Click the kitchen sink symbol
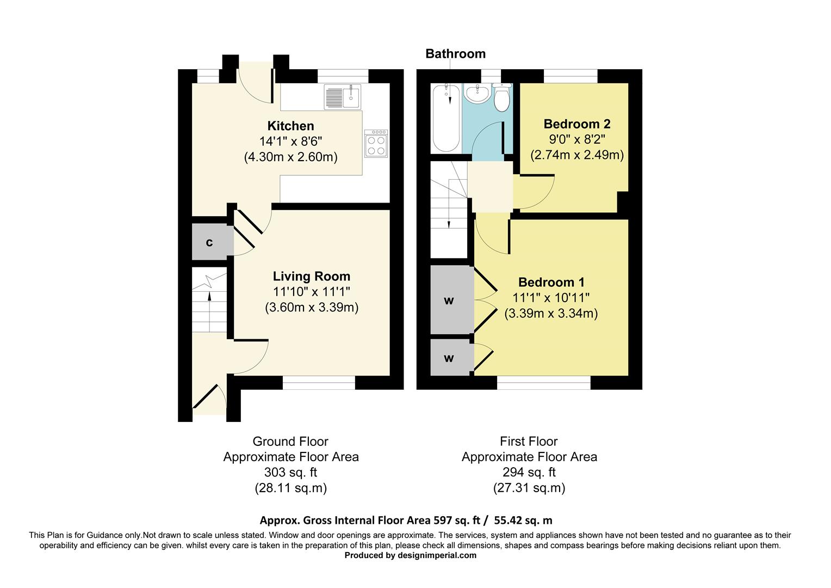(x=343, y=97)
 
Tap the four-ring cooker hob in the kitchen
(x=376, y=144)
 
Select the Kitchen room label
(x=290, y=126)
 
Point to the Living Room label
(x=312, y=276)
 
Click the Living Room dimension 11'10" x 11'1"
(x=312, y=291)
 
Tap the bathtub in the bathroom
(x=445, y=118)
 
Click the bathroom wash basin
(x=477, y=94)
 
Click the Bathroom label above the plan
(x=455, y=53)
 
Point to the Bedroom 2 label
(x=577, y=124)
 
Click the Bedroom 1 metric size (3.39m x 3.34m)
(x=551, y=314)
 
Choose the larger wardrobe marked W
(x=450, y=300)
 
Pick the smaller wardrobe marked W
(x=450, y=358)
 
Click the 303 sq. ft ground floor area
(x=290, y=472)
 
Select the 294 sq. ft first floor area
(x=529, y=472)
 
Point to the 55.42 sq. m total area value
(x=522, y=520)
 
